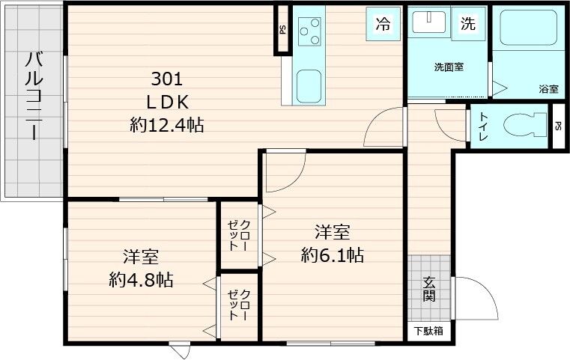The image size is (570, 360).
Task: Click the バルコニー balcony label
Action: (33, 96)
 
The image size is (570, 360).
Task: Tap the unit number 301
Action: (167, 79)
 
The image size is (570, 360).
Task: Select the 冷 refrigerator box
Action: (382, 23)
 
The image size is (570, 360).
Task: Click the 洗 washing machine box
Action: (468, 23)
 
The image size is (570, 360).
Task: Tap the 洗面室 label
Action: (448, 67)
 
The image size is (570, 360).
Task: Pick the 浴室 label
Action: (548, 89)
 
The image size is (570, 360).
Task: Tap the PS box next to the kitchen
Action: (282, 31)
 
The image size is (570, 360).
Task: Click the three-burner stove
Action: (309, 31)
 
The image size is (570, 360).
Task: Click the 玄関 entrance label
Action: (429, 288)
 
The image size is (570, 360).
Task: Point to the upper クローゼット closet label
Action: (240, 234)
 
